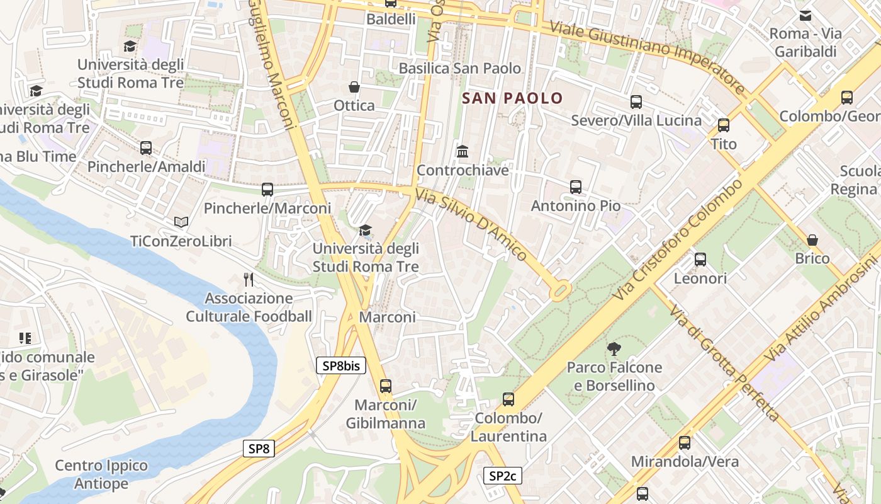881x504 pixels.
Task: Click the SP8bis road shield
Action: [x=340, y=365]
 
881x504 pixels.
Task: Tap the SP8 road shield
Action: [x=259, y=449]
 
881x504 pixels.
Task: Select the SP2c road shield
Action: [x=502, y=476]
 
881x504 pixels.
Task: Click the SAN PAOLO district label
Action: [x=512, y=98]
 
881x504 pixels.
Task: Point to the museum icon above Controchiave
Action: [x=463, y=151]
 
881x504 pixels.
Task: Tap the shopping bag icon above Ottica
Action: [x=354, y=87]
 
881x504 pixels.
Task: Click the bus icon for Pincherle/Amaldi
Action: [x=146, y=148]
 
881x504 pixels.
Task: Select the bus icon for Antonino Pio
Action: [x=575, y=187]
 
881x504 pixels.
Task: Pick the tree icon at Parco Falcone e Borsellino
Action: [x=614, y=348]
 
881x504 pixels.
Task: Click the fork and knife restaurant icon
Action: [x=249, y=279]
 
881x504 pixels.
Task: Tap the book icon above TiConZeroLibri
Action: [x=181, y=222]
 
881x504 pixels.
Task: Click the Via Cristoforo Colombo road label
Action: [x=681, y=239]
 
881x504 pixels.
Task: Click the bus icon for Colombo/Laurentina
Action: [x=508, y=399]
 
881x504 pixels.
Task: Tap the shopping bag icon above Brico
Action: [x=812, y=240]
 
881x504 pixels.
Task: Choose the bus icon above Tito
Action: [x=724, y=125]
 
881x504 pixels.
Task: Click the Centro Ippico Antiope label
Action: [x=101, y=474]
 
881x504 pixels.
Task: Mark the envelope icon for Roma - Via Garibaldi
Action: [x=805, y=16]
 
